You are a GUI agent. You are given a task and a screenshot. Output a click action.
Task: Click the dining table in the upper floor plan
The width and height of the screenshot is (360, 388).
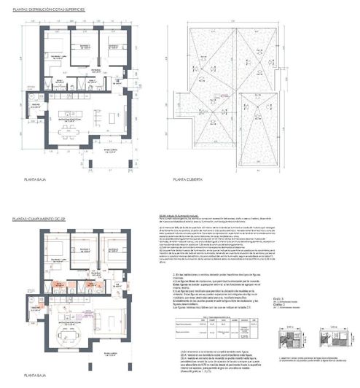coord(66,132)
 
